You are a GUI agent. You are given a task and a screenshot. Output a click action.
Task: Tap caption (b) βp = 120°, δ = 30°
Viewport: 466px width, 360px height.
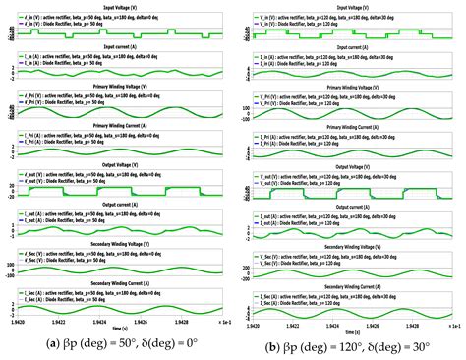point(351,347)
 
